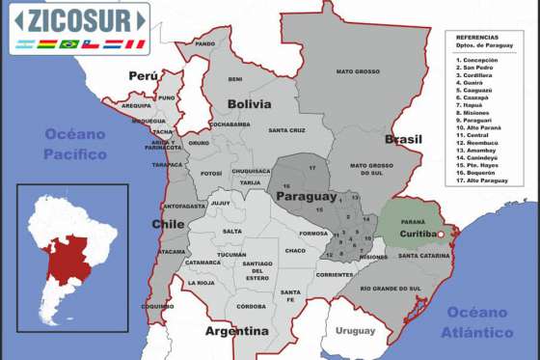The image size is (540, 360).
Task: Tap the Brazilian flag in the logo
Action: point(68,43)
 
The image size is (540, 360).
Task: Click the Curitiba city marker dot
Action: point(441,235)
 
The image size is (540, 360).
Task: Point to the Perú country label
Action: point(143,75)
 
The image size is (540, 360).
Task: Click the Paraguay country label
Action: point(307,196)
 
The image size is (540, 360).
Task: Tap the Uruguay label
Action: point(355,331)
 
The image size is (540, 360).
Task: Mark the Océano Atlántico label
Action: point(479,322)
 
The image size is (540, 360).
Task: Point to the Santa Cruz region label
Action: point(287,130)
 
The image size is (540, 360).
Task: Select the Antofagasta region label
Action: point(183,206)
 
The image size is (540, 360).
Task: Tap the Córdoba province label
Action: point(251,306)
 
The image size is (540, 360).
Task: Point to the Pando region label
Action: point(204,43)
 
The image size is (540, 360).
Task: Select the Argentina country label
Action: point(236,331)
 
